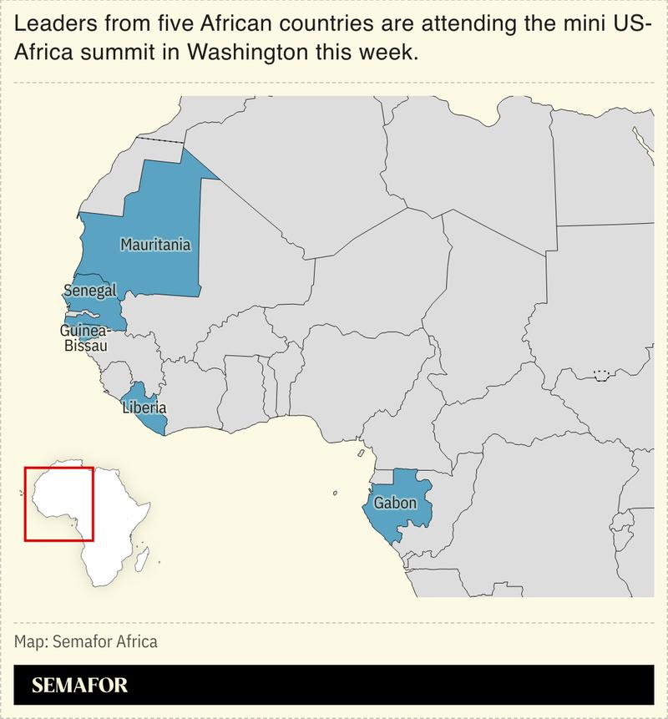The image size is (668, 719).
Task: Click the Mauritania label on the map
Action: pyautogui.click(x=155, y=246)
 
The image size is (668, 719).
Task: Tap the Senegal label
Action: pyautogui.click(x=89, y=291)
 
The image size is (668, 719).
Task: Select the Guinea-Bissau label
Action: pyautogui.click(x=83, y=337)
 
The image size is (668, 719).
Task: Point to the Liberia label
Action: pyautogui.click(x=144, y=408)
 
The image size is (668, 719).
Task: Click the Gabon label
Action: pyautogui.click(x=395, y=503)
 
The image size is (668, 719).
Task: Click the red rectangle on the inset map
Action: pyautogui.click(x=58, y=468)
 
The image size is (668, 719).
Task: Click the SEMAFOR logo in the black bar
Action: pyautogui.click(x=79, y=686)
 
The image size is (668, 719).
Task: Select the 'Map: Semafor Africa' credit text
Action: pyautogui.click(x=85, y=642)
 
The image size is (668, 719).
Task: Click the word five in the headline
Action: pyautogui.click(x=159, y=24)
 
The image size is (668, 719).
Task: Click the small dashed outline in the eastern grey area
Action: pyautogui.click(x=600, y=375)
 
